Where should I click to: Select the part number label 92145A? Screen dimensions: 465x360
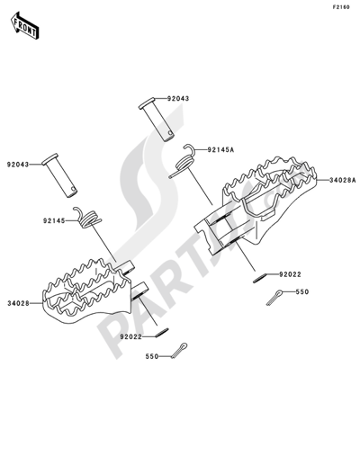(x=221, y=150)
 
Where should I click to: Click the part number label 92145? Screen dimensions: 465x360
(x=55, y=219)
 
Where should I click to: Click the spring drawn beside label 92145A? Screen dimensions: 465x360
(x=184, y=160)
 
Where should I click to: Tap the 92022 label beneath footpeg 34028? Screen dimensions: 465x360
(x=131, y=336)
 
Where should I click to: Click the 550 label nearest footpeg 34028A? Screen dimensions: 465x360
(x=302, y=292)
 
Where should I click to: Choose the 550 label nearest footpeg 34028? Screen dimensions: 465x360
(x=153, y=357)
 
